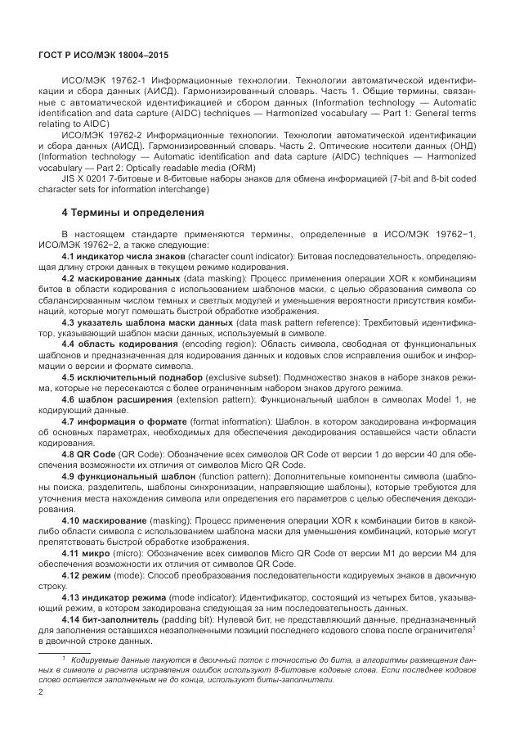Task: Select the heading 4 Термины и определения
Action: point(133,213)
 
